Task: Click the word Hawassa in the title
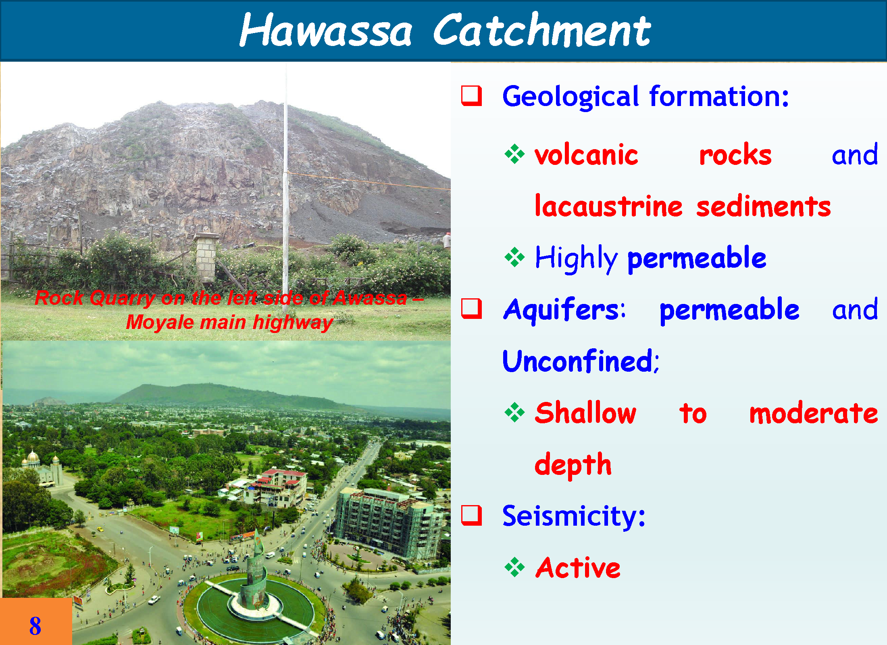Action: (x=326, y=31)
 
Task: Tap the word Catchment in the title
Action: (x=542, y=30)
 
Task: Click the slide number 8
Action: (x=35, y=626)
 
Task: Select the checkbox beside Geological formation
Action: (x=471, y=96)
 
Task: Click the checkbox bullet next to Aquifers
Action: (x=471, y=308)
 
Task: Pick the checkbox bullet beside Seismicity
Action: (x=471, y=516)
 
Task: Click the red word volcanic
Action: (x=587, y=155)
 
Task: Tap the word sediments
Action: (x=764, y=207)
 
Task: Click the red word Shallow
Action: (x=585, y=413)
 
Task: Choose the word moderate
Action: (x=814, y=413)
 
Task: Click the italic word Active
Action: (x=578, y=568)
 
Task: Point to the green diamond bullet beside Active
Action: (x=514, y=568)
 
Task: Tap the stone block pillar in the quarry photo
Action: (x=206, y=258)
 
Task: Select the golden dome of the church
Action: (x=33, y=458)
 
